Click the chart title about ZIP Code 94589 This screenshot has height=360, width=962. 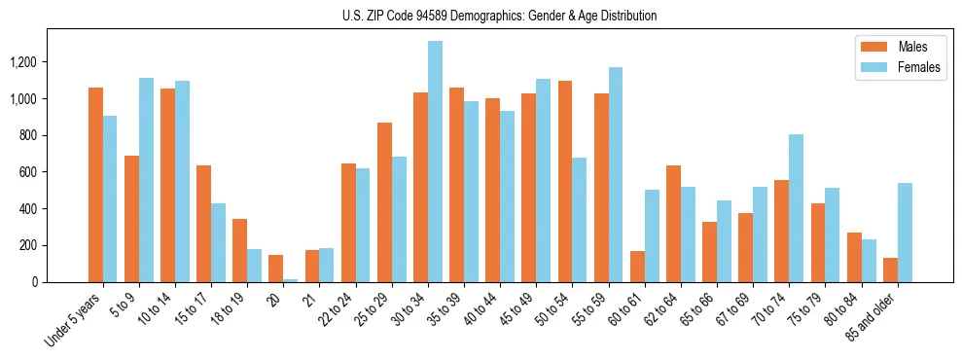[500, 16]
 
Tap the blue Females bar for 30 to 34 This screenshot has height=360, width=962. [435, 162]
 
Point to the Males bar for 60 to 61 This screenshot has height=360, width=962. [637, 267]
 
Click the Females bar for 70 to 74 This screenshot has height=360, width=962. [796, 208]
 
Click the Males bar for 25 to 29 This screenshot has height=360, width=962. [384, 202]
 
